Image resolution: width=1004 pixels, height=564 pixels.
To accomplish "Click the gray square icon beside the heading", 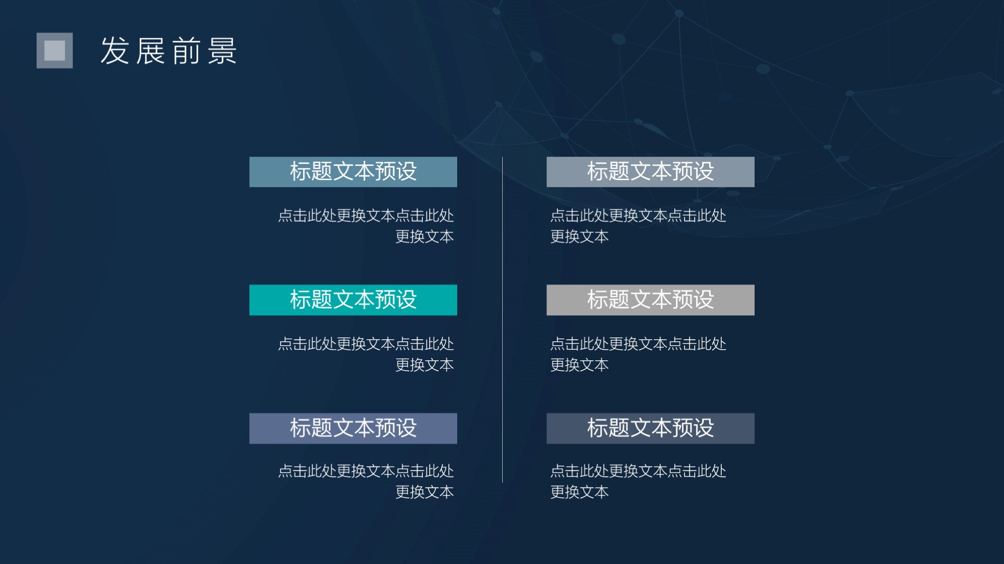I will [x=54, y=50].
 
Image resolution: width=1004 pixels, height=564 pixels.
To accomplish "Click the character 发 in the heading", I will [x=115, y=51].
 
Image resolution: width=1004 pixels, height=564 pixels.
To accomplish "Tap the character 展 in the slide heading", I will [x=150, y=51].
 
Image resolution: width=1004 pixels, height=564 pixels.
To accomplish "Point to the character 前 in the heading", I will [x=186, y=51].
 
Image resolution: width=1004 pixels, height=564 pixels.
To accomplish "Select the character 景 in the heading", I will [x=222, y=51].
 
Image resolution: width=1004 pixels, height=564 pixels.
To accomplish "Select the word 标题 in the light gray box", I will [x=608, y=300].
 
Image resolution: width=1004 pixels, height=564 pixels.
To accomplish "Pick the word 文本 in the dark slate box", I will [x=651, y=428].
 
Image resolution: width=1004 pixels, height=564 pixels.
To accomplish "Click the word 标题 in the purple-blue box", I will [x=311, y=428].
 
